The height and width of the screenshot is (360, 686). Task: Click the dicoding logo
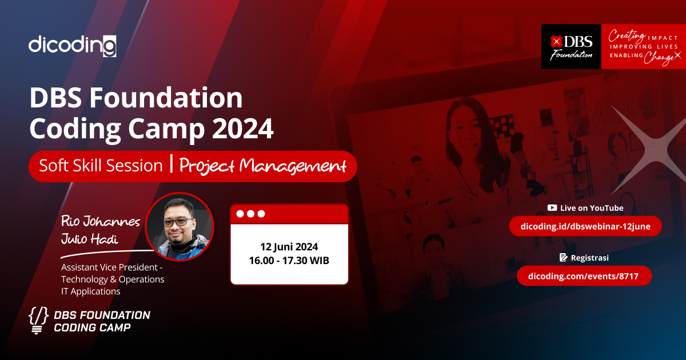[73, 45]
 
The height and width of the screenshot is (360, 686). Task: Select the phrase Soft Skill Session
[101, 166]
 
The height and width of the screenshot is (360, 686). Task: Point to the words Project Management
[263, 166]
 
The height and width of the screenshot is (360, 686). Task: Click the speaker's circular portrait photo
[180, 227]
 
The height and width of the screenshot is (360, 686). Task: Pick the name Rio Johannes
[101, 221]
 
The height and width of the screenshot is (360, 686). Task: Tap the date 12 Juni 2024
[289, 247]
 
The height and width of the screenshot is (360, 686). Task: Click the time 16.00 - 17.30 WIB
[289, 261]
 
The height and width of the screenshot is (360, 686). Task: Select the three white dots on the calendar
[250, 214]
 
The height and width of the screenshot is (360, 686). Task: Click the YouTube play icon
[552, 208]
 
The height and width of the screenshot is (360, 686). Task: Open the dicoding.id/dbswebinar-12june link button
[585, 226]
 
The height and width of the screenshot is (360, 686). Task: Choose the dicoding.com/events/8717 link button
[584, 276]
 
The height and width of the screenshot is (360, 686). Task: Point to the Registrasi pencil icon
[563, 258]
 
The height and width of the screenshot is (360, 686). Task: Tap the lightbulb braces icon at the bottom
[38, 321]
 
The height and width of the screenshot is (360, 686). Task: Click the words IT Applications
[91, 291]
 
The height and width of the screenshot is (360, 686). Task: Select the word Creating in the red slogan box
[627, 35]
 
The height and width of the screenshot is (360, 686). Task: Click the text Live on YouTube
[592, 208]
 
